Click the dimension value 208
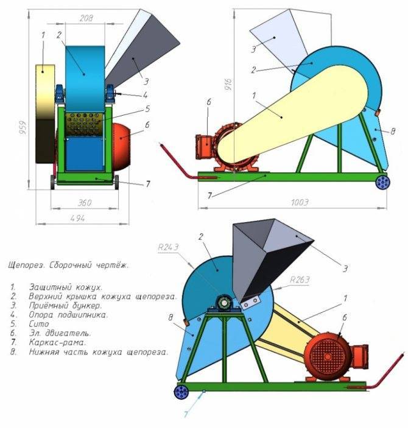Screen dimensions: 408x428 (86, 18)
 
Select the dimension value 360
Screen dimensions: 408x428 (85, 203)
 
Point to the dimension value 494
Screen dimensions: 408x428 (77, 219)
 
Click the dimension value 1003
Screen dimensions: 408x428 (300, 202)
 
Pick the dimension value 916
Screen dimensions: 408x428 (229, 85)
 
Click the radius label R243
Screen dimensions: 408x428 (168, 247)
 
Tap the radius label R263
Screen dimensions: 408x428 (300, 280)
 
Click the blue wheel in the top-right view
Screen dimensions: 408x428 (383, 182)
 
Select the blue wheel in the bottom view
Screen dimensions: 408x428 (181, 392)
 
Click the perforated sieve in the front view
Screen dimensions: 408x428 (84, 124)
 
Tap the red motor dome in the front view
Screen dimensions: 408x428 (121, 146)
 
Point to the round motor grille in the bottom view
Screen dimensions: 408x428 (328, 357)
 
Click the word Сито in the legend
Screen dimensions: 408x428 (39, 324)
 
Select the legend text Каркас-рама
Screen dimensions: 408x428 (57, 342)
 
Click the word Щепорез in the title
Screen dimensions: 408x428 (26, 265)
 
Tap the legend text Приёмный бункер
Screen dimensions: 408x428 (65, 306)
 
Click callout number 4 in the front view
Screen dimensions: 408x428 (145, 95)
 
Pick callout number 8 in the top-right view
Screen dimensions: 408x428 (393, 132)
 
